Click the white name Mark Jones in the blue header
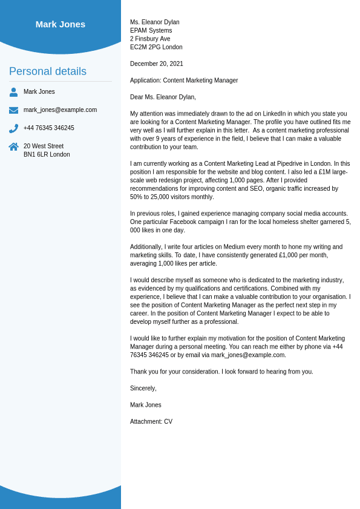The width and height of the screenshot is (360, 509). (61, 24)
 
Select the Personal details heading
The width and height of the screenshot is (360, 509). (48, 71)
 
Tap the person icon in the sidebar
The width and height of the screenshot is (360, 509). (13, 92)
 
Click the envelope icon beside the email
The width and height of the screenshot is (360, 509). (13, 110)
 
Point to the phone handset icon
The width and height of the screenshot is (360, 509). (13, 128)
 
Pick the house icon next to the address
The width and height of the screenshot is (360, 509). (13, 146)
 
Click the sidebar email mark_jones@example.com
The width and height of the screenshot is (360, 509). (60, 110)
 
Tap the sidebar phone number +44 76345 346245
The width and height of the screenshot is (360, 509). (49, 128)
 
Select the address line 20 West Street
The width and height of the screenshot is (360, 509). (44, 146)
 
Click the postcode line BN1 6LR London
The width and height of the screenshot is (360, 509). (47, 155)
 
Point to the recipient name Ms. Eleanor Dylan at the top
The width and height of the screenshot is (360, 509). (155, 22)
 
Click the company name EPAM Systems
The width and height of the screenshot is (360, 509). (151, 31)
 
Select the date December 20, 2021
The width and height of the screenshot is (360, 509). (157, 64)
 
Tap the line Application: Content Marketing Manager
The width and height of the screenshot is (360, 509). (184, 80)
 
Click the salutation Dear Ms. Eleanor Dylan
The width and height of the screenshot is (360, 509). (163, 97)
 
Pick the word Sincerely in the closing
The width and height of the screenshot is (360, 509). (143, 389)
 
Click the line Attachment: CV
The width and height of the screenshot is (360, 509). (151, 422)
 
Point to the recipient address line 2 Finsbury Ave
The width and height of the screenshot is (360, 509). (150, 39)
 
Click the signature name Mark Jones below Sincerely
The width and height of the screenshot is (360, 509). (146, 405)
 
